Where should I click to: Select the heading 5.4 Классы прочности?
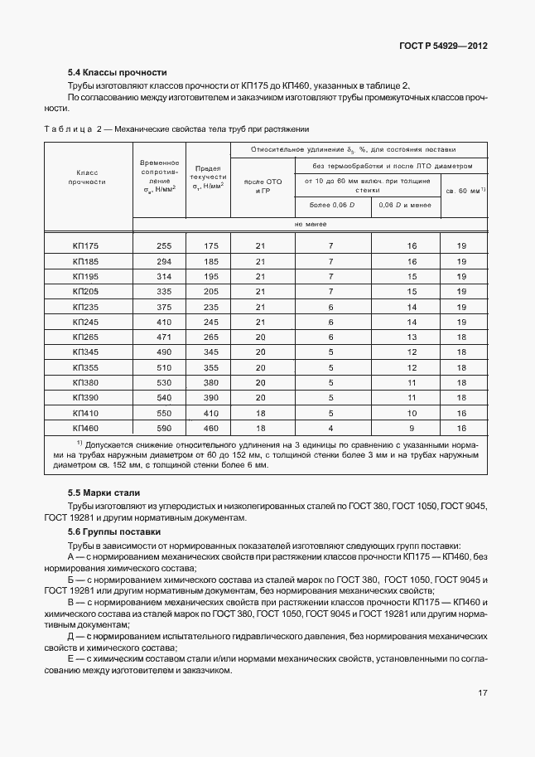[118, 72]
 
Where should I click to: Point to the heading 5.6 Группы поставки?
[114, 531]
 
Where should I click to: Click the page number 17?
[482, 692]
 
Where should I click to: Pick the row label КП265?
[85, 337]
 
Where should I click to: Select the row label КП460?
[85, 428]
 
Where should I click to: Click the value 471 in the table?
[163, 337]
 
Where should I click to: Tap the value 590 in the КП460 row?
[163, 428]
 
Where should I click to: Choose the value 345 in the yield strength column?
[211, 352]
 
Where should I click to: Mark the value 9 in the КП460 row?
[412, 428]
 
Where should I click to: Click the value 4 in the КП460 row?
[330, 428]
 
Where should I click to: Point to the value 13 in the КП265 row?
[412, 337]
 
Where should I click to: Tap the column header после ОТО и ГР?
[263, 186]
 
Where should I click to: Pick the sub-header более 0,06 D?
[332, 204]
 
